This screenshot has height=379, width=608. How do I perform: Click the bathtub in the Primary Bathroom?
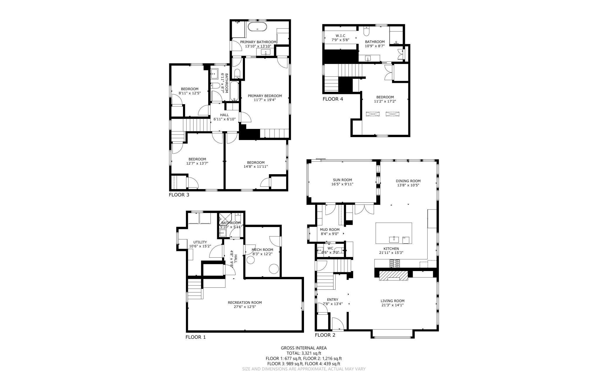click(257, 27)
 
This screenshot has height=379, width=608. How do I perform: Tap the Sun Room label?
click(342, 180)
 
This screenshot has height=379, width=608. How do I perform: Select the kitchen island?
click(394, 233)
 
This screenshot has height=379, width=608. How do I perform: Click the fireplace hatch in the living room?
click(393, 275)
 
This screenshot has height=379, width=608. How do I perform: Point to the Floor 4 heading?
click(333, 99)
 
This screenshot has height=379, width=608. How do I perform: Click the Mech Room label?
click(262, 250)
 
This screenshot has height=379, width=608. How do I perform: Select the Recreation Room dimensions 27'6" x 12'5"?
click(245, 307)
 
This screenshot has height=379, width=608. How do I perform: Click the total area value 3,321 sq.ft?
click(311, 353)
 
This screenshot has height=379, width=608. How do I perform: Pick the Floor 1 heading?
click(196, 337)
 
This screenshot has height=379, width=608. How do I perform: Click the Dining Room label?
click(408, 181)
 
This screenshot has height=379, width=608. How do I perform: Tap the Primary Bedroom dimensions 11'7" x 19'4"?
click(265, 100)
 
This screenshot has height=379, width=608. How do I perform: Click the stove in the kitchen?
click(395, 264)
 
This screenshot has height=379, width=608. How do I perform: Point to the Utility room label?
click(200, 242)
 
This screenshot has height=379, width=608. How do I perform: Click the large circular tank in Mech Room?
click(274, 269)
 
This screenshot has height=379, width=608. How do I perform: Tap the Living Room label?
click(393, 301)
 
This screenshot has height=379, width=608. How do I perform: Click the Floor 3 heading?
click(179, 195)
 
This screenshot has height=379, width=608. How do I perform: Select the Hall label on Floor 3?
click(224, 115)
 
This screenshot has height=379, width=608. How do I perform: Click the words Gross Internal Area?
click(304, 348)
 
